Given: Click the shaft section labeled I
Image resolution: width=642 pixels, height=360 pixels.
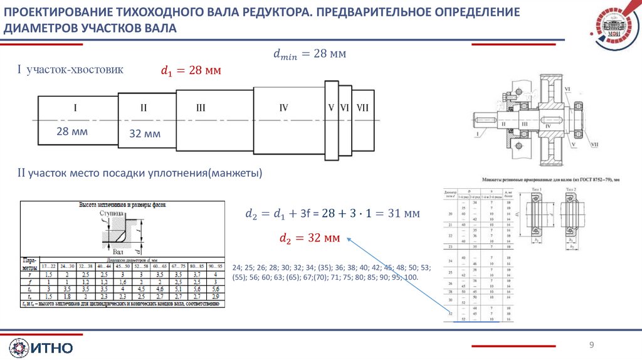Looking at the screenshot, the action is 75,109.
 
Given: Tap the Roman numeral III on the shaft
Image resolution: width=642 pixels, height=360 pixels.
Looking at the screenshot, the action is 201,109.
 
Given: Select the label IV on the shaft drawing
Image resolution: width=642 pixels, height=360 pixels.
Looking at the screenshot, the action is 283,108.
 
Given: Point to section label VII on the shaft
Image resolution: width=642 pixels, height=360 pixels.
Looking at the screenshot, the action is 362,108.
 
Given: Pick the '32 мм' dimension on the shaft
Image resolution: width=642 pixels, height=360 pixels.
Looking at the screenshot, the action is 145,134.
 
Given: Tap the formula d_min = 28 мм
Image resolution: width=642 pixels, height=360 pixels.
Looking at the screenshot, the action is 309,55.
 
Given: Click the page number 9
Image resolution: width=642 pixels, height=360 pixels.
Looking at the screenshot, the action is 591,345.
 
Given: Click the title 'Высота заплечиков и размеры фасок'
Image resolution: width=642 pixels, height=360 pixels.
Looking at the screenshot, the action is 120,205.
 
